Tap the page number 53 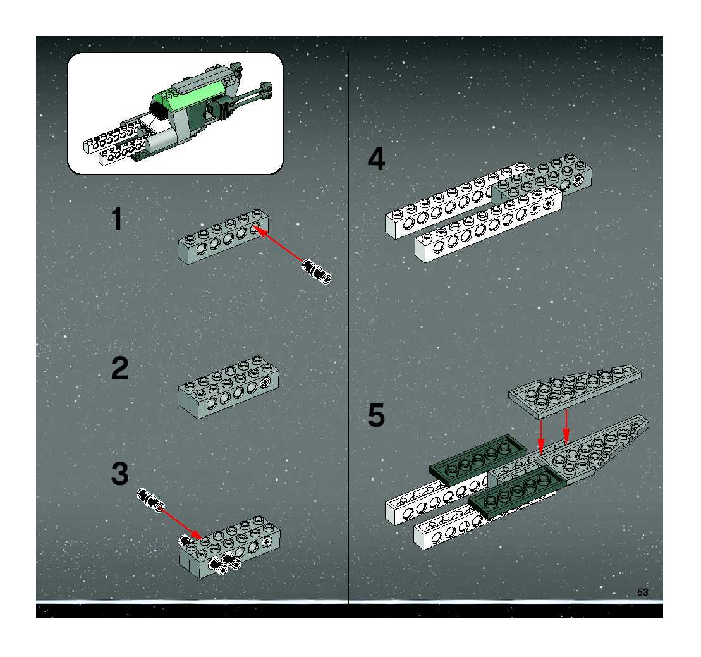coord(643,592)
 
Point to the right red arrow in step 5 coord(566,427)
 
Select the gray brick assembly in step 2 coord(228,388)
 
